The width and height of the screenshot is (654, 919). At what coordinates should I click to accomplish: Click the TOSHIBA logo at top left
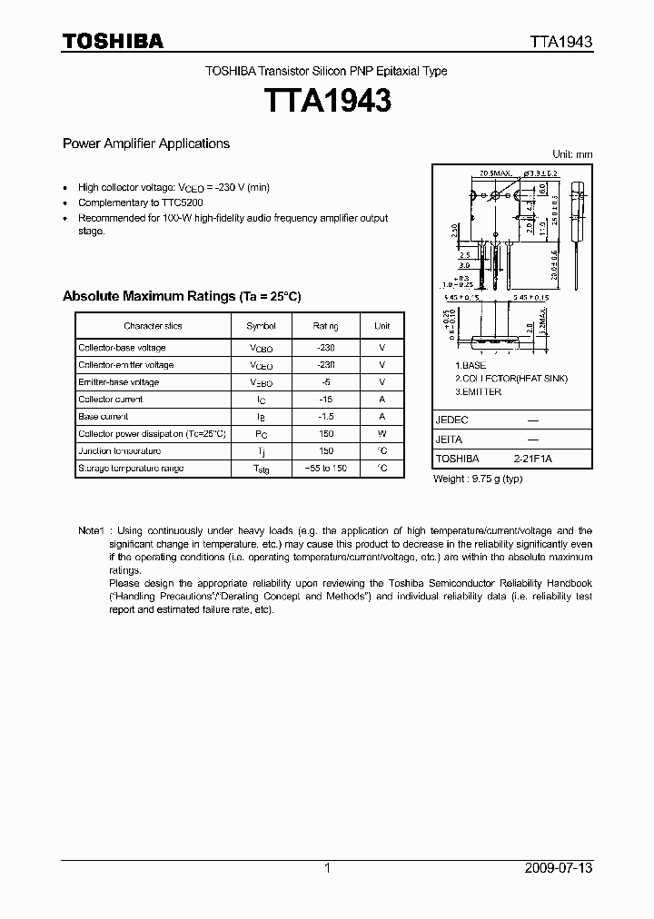tap(112, 41)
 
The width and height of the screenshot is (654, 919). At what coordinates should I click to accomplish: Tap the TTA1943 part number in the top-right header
tap(562, 42)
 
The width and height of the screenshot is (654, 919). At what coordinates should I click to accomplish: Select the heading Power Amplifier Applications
tap(145, 143)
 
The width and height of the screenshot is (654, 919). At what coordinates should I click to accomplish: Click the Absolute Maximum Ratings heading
tap(181, 297)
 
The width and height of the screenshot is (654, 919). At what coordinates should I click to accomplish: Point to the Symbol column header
tap(261, 325)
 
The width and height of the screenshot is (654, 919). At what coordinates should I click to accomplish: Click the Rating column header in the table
tap(326, 325)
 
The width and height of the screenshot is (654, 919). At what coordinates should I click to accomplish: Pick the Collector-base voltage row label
tap(122, 348)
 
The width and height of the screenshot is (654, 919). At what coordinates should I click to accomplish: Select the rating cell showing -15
tap(326, 400)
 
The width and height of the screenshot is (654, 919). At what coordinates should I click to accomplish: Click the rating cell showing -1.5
tap(326, 417)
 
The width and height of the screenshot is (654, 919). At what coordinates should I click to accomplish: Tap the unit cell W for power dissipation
tap(382, 434)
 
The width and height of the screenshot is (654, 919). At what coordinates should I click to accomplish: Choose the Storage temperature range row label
tap(131, 469)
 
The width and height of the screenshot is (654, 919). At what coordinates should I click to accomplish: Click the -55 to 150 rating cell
tap(326, 469)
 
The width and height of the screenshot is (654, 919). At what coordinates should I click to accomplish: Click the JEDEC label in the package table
tap(451, 420)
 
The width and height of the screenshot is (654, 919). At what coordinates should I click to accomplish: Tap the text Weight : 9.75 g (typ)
tap(477, 479)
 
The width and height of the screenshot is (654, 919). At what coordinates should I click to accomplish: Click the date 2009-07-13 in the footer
tap(559, 868)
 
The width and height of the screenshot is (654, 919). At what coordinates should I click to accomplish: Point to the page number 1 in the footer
tap(327, 868)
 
